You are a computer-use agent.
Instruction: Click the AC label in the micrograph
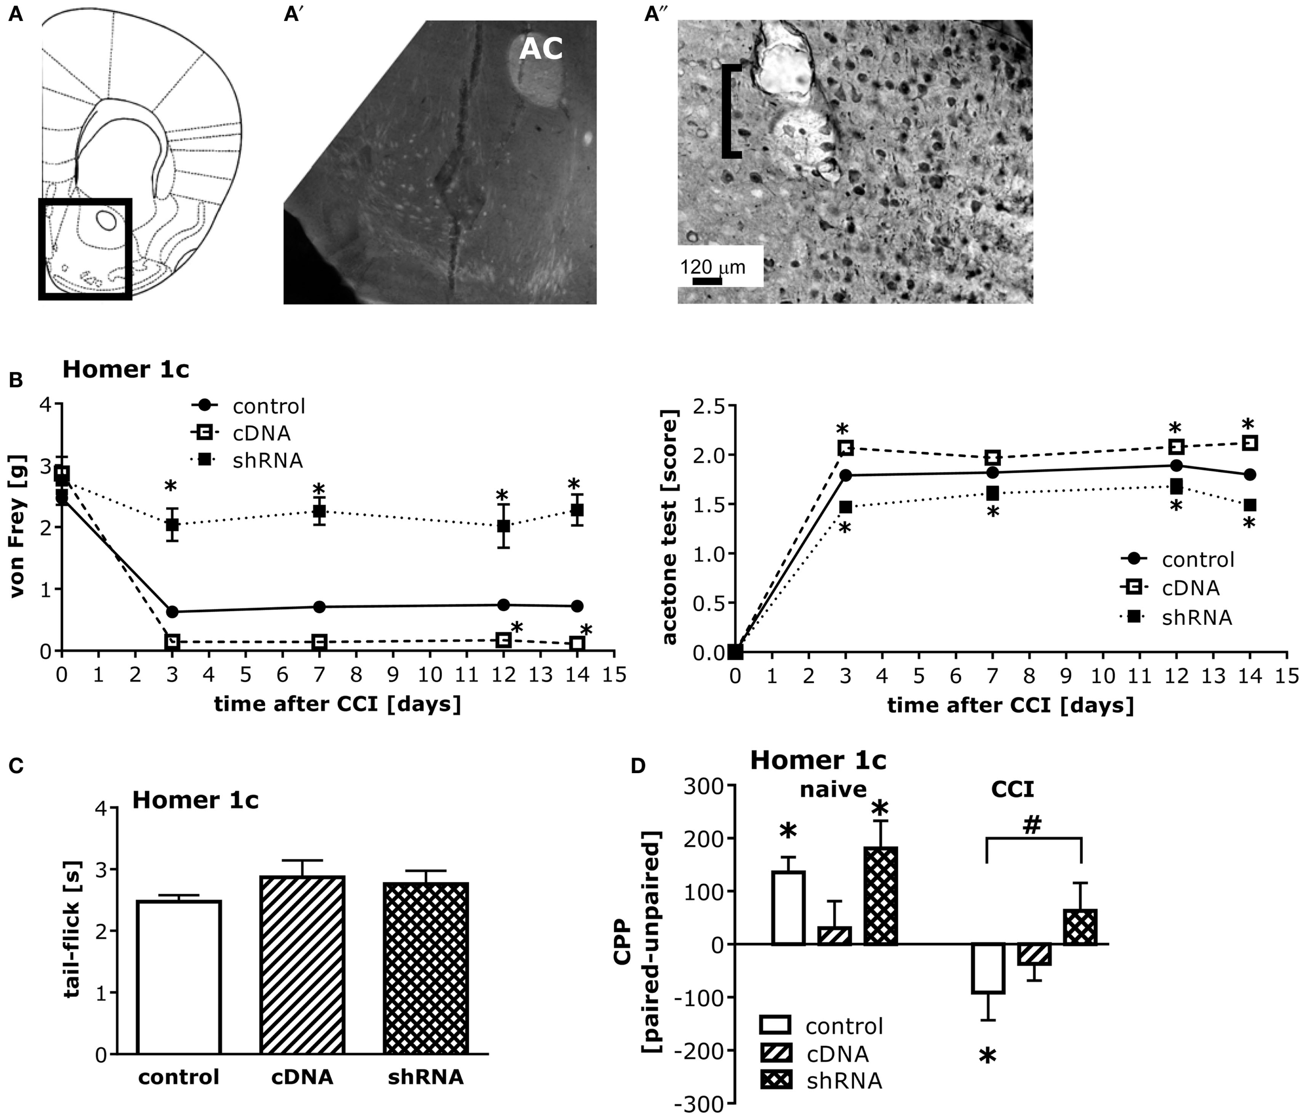[x=540, y=49]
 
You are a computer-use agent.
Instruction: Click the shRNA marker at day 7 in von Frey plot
[x=320, y=511]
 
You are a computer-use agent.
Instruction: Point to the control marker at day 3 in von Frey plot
[x=172, y=611]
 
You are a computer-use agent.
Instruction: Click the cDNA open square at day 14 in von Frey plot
[x=577, y=644]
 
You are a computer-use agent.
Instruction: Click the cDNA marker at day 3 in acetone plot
[x=845, y=448]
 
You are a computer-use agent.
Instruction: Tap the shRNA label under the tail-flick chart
[x=425, y=1077]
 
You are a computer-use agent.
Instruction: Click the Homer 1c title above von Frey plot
[x=125, y=370]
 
